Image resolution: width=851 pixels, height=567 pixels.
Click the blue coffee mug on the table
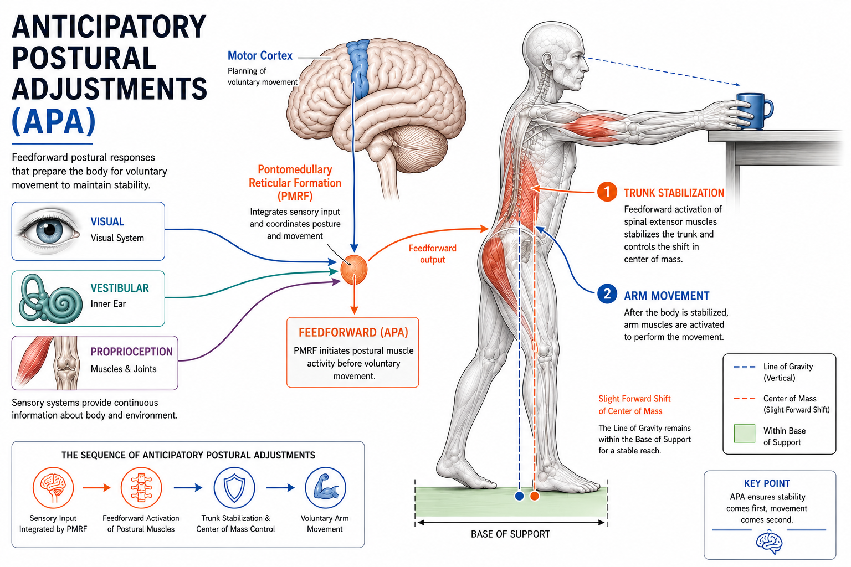[754, 111]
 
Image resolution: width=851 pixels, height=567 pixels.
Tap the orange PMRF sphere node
[354, 269]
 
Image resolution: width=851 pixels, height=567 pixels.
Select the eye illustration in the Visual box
[48, 230]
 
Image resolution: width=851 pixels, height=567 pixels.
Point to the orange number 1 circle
[607, 192]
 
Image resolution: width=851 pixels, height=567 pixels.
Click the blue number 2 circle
[607, 294]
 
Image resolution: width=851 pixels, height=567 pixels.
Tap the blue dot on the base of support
[519, 496]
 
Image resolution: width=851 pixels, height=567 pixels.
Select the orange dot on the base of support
[535, 496]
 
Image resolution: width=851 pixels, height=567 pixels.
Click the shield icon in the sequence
[234, 488]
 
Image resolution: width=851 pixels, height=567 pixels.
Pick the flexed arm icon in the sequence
[326, 488]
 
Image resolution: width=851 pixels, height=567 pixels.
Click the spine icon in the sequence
[141, 488]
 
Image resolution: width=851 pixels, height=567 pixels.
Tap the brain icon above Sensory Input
[53, 488]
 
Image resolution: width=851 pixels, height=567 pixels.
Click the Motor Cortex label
[260, 56]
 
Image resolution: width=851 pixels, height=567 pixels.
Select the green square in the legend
[744, 434]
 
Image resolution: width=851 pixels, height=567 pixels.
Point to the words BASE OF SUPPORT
[510, 534]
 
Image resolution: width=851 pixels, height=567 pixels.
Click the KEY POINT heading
[767, 483]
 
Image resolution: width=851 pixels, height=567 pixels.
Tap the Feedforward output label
[432, 254]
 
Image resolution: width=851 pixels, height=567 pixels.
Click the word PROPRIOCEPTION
[131, 352]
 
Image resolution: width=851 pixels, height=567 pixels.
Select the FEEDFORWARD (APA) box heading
[353, 333]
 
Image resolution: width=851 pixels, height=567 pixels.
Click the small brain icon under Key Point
[769, 543]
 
